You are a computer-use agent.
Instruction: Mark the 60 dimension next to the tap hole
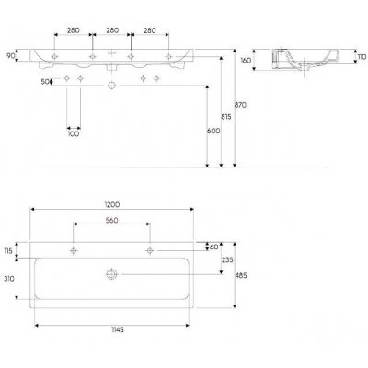point(214,247)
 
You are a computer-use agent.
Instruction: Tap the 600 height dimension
point(213,132)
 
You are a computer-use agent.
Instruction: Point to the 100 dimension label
point(73,134)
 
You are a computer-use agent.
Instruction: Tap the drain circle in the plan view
point(110,274)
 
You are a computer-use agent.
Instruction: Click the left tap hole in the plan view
point(73,250)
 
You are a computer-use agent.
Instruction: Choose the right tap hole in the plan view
point(148,250)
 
